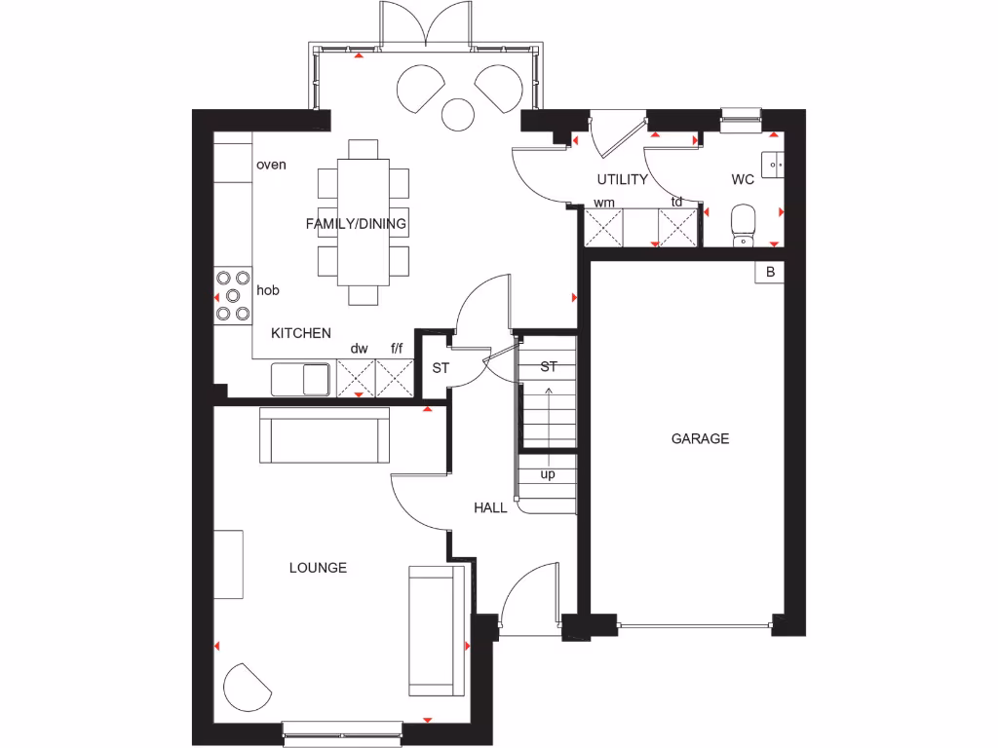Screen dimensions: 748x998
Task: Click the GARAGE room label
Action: pos(700,439)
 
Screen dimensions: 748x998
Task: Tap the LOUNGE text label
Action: pos(318,568)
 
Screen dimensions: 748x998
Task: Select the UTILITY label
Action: pos(622,179)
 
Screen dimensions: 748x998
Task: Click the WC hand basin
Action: pos(775,166)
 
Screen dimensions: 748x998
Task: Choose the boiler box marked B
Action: pos(770,273)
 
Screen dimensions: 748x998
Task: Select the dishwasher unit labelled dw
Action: pos(357,377)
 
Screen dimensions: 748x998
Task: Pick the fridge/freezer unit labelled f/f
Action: pos(396,377)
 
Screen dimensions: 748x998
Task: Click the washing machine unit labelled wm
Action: pos(603,228)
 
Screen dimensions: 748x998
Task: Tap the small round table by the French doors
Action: pos(457,114)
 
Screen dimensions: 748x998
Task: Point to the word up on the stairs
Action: pos(548,474)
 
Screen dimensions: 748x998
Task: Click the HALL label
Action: pos(490,507)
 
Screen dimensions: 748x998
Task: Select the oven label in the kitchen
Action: pos(271,165)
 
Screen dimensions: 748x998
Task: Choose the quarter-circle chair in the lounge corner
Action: pos(245,688)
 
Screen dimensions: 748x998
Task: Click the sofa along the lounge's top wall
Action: pos(325,434)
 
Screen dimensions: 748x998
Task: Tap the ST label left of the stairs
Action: pos(440,368)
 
